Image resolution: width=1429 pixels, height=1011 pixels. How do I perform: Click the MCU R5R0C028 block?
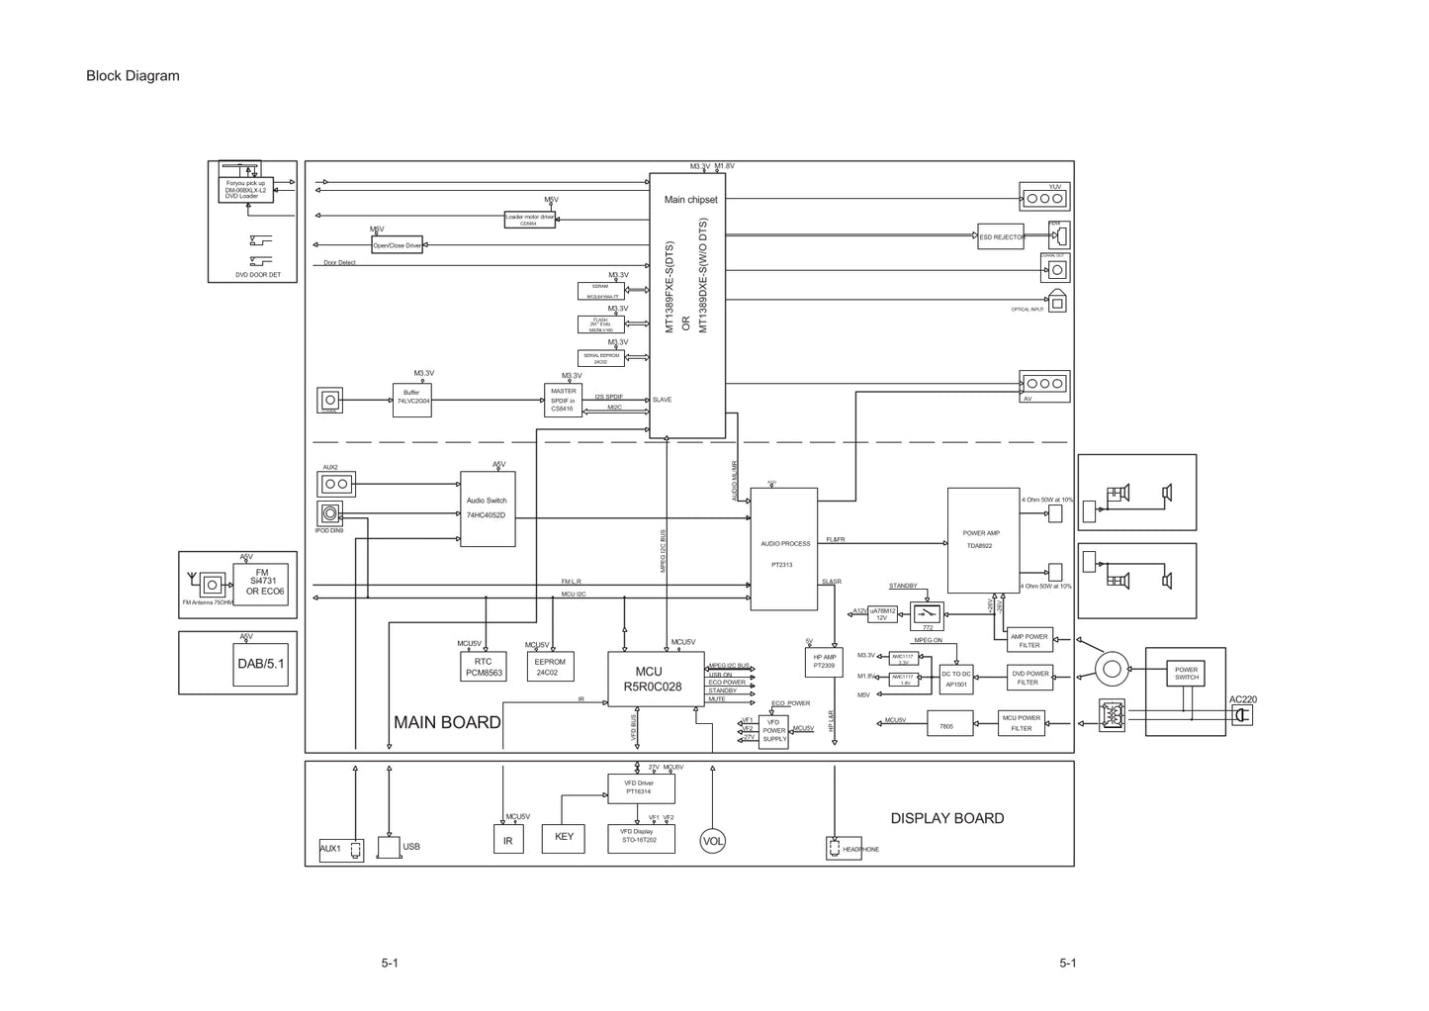pyautogui.click(x=652, y=680)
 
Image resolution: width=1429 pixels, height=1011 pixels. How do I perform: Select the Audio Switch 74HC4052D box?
pyautogui.click(x=487, y=508)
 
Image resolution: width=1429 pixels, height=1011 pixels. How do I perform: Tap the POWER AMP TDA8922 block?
pyautogui.click(x=982, y=540)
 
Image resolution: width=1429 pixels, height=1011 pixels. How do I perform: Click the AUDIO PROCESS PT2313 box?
pyautogui.click(x=784, y=549)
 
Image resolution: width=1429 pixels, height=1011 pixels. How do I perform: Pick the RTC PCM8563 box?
pyautogui.click(x=484, y=667)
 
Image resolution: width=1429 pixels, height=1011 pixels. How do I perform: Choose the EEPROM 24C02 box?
pyautogui.click(x=550, y=667)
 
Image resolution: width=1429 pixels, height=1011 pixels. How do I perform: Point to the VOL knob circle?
pyautogui.click(x=713, y=841)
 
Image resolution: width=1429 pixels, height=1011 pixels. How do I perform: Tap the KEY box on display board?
pyautogui.click(x=564, y=838)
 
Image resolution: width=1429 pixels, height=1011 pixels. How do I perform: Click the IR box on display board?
pyautogui.click(x=508, y=840)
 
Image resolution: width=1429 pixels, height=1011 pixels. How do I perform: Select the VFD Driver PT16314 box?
pyautogui.click(x=640, y=788)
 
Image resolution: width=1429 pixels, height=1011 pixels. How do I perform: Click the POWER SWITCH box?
pyautogui.click(x=1187, y=674)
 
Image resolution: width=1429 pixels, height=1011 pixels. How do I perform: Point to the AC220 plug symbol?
pyautogui.click(x=1241, y=714)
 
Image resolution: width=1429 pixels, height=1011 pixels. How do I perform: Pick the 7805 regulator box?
pyautogui.click(x=947, y=724)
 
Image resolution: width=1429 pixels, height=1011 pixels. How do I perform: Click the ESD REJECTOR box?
pyautogui.click(x=1001, y=237)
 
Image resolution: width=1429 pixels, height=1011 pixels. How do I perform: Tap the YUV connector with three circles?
pyautogui.click(x=1044, y=198)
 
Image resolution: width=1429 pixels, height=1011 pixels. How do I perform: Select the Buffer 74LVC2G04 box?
pyautogui.click(x=411, y=400)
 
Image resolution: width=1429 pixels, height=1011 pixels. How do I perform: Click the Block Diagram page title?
pyautogui.click(x=133, y=76)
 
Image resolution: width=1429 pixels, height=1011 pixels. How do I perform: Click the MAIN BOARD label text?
pyautogui.click(x=447, y=722)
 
